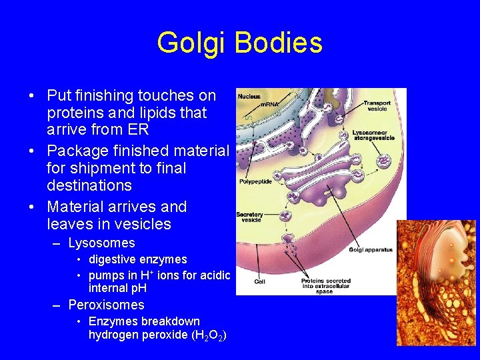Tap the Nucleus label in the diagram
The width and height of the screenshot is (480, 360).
pyautogui.click(x=249, y=97)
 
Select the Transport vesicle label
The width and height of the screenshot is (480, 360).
pyautogui.click(x=377, y=106)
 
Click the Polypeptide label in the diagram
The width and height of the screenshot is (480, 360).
pyautogui.click(x=255, y=181)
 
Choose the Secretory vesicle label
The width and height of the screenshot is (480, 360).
pyautogui.click(x=250, y=217)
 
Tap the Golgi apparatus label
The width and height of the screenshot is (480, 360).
pyautogui.click(x=371, y=250)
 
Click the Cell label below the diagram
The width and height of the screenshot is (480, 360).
pyautogui.click(x=260, y=281)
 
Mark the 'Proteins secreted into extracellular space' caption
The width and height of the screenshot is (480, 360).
pyautogui.click(x=317, y=286)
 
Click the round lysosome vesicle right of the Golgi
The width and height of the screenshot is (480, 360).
pyautogui.click(x=384, y=161)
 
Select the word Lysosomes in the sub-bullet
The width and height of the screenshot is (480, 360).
pyautogui.click(x=101, y=243)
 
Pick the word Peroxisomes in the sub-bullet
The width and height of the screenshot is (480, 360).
pyautogui.click(x=106, y=305)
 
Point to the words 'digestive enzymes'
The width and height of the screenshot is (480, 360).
pyautogui.click(x=137, y=259)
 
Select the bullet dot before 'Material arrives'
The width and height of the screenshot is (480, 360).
pyautogui.click(x=32, y=207)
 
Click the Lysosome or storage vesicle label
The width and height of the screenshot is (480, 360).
pyautogui.click(x=373, y=135)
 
